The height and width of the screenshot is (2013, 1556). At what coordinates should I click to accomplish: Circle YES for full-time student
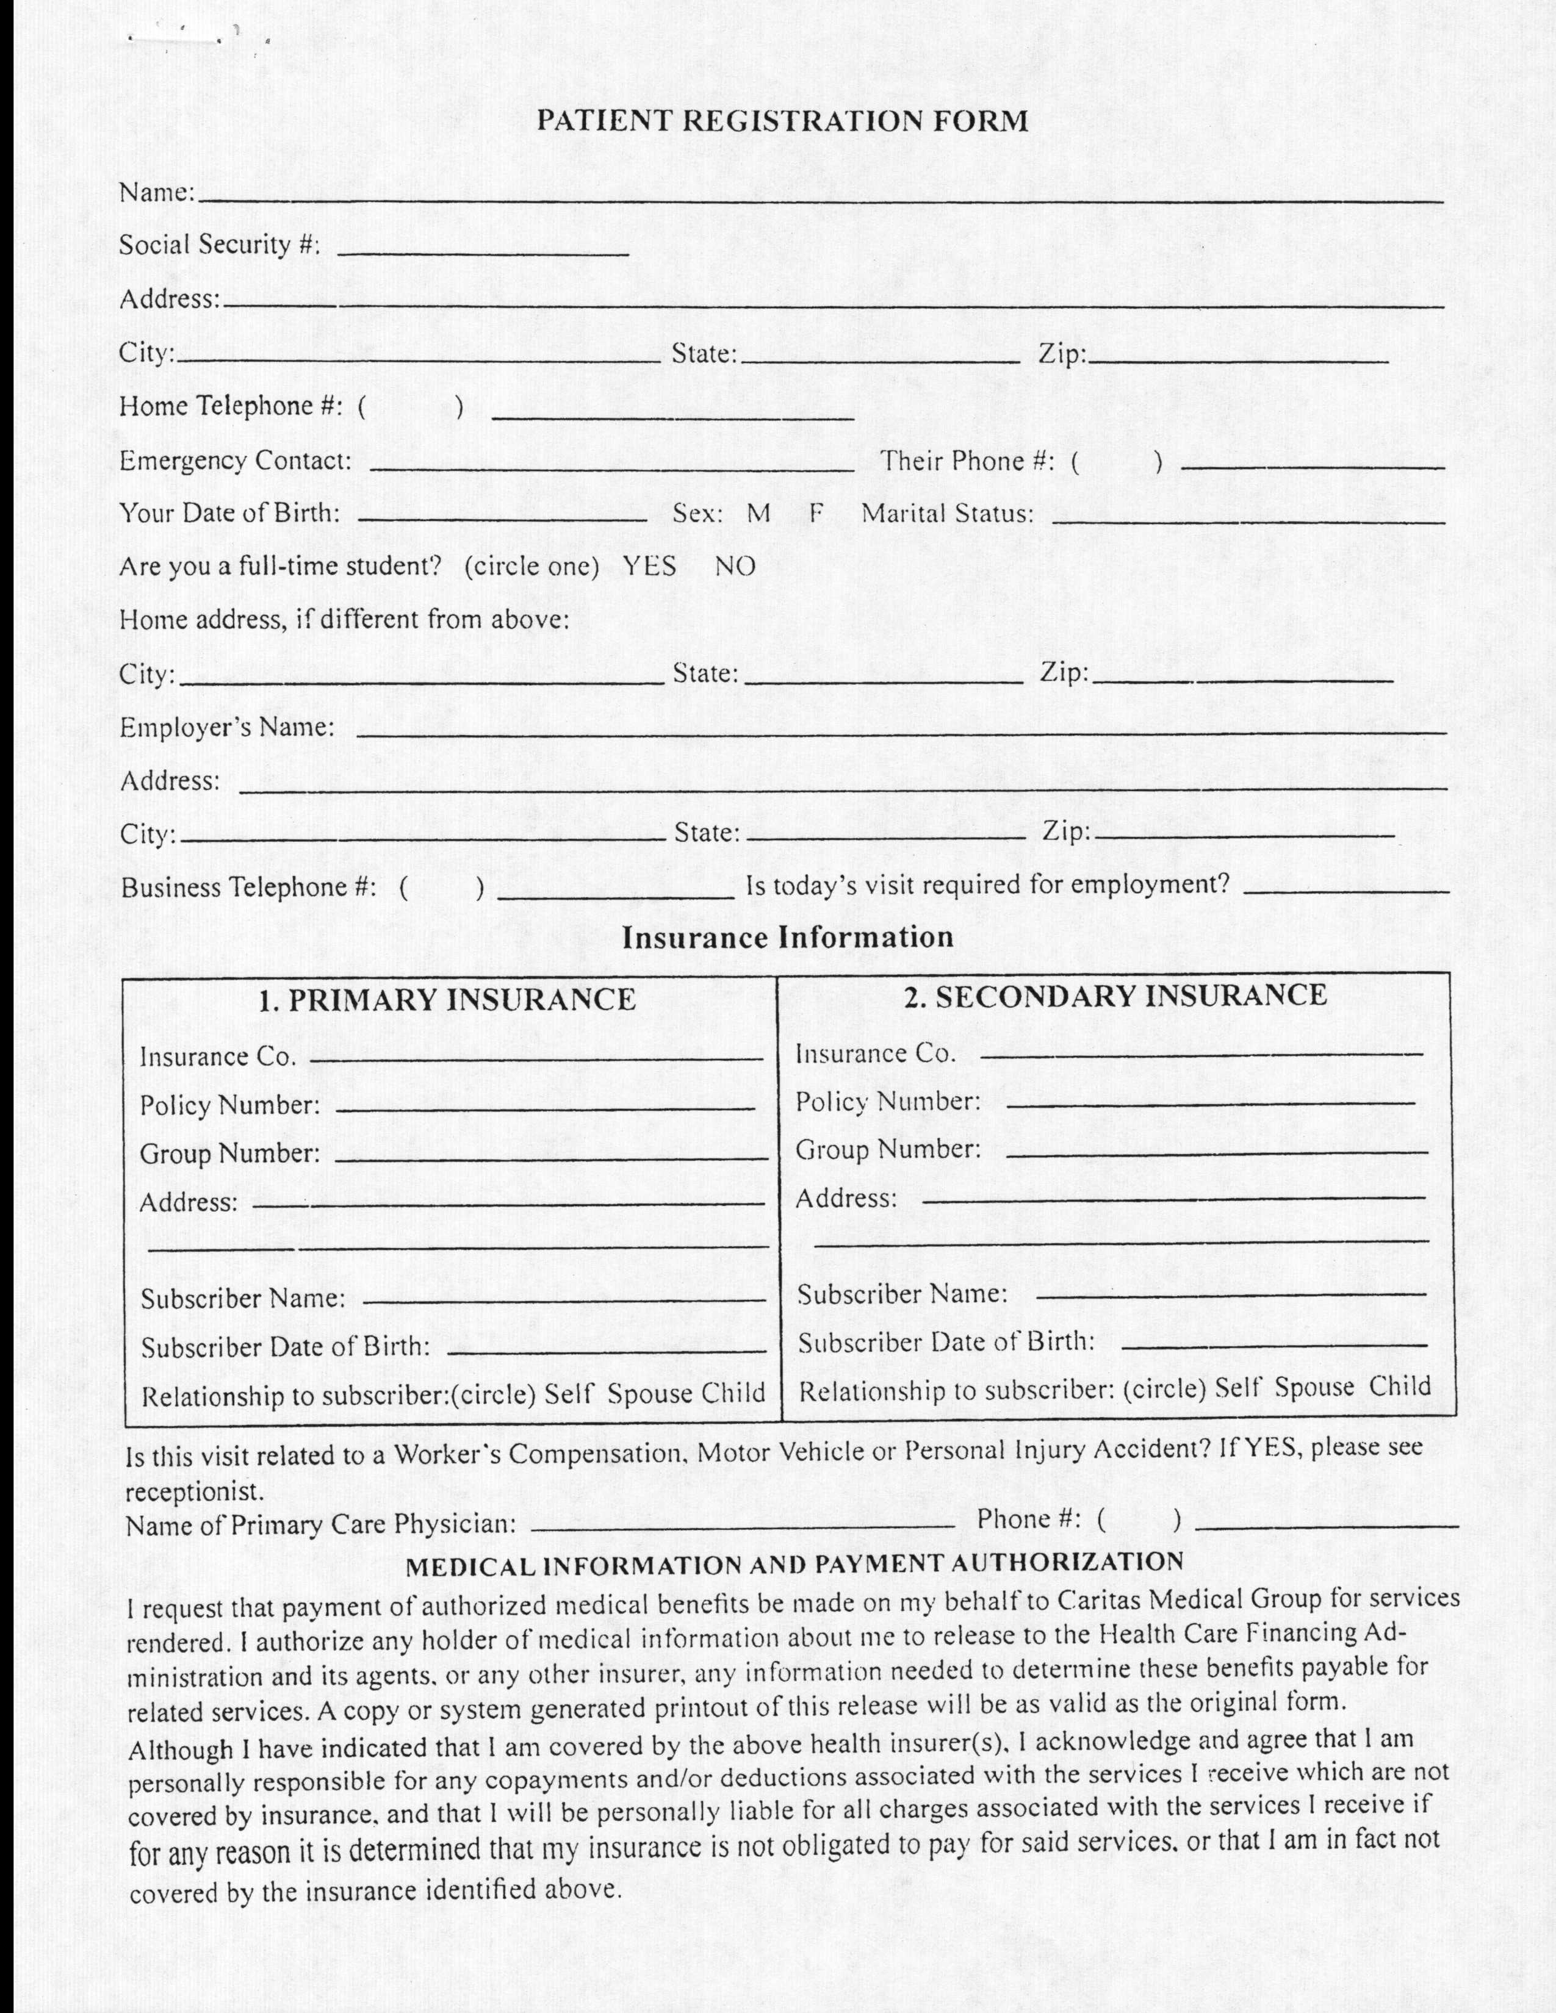(649, 566)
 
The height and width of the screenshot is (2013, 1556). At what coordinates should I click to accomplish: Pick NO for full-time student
(735, 566)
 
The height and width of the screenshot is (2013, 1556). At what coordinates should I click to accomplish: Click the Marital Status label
(946, 514)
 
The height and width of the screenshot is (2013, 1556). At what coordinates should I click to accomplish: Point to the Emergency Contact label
(235, 461)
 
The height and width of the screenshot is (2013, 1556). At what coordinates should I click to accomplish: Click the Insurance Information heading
(787, 938)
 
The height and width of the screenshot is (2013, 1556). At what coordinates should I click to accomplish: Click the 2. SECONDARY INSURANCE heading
(1115, 996)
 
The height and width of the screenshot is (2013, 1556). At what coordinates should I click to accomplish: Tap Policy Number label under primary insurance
(229, 1105)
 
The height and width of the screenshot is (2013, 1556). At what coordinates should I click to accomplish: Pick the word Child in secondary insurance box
(1399, 1387)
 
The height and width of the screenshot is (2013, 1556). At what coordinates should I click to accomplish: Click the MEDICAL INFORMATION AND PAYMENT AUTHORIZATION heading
(794, 1564)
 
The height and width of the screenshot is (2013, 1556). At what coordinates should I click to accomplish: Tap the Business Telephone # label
(248, 887)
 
